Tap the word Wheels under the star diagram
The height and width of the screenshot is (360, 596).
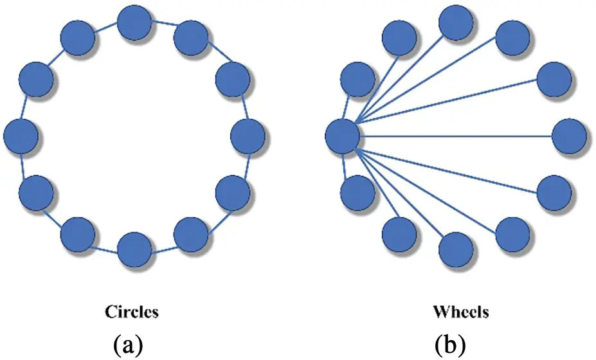tap(461, 312)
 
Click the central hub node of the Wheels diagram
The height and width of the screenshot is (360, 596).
tap(342, 136)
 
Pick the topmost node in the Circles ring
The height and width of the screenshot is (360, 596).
tap(134, 23)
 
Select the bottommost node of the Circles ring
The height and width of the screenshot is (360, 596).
tap(134, 249)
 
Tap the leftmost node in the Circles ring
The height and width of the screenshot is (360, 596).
tap(21, 136)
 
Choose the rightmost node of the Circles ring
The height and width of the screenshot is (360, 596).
tap(247, 136)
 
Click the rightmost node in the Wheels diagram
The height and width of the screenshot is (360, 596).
tap(569, 136)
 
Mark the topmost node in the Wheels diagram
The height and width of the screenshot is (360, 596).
tap(456, 23)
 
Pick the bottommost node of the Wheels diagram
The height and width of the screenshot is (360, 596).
tap(456, 249)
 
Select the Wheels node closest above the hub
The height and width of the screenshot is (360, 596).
tap(358, 80)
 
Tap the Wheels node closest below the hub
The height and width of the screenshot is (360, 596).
tap(358, 192)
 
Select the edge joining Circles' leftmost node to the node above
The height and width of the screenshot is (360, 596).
tap(26, 107)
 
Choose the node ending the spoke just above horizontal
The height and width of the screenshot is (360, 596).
tap(554, 80)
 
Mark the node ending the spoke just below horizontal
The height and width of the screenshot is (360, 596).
tap(554, 192)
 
